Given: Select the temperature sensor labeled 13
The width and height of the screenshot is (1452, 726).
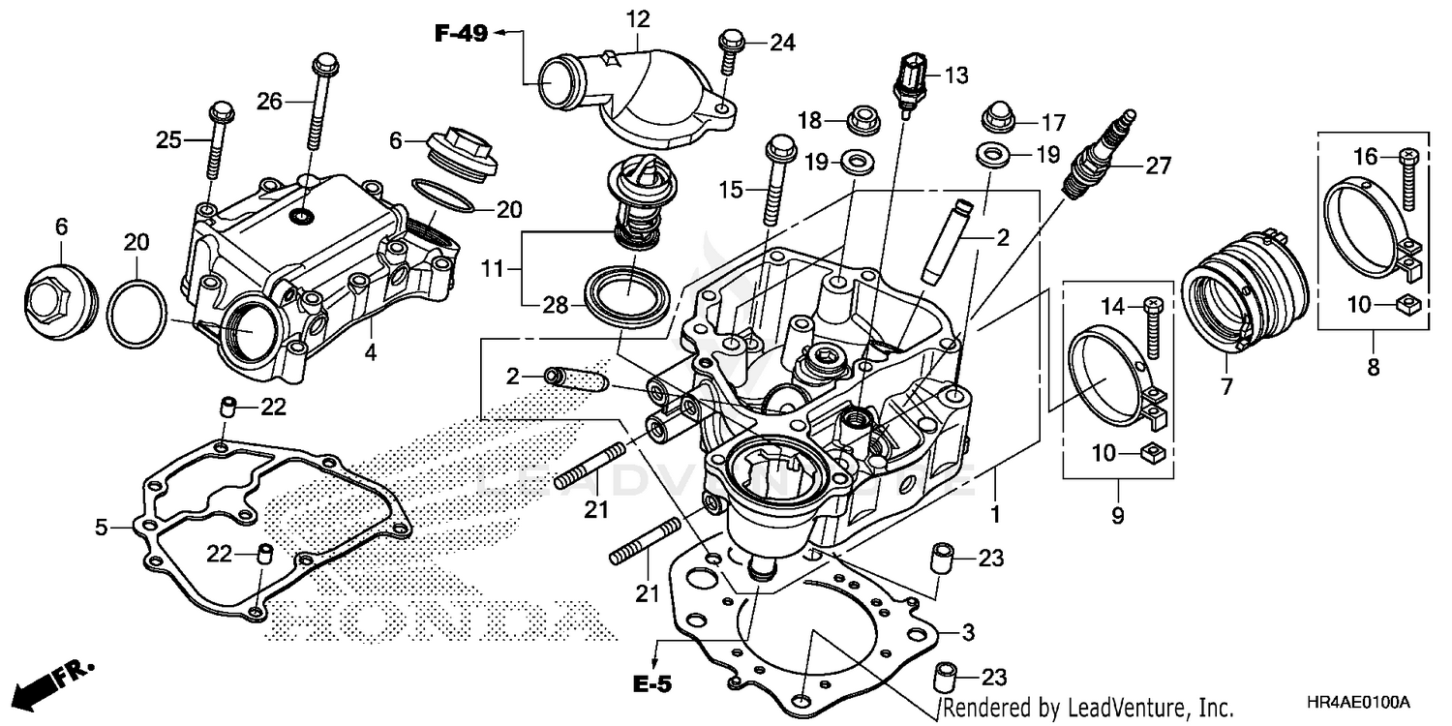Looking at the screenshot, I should (910, 85).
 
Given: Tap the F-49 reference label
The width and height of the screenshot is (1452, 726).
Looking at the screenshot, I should (463, 34).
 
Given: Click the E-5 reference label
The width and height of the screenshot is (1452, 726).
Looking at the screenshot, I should (653, 682).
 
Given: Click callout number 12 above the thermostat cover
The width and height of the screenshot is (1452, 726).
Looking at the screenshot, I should (638, 18).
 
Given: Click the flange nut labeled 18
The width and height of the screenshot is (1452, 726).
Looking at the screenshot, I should (861, 121).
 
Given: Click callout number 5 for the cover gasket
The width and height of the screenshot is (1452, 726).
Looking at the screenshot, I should (100, 528).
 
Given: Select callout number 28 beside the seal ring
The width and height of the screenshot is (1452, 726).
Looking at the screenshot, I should (554, 304).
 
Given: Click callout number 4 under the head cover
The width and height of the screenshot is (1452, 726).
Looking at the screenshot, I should (370, 354).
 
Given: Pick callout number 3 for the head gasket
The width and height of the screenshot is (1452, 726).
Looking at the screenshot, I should (965, 634).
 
